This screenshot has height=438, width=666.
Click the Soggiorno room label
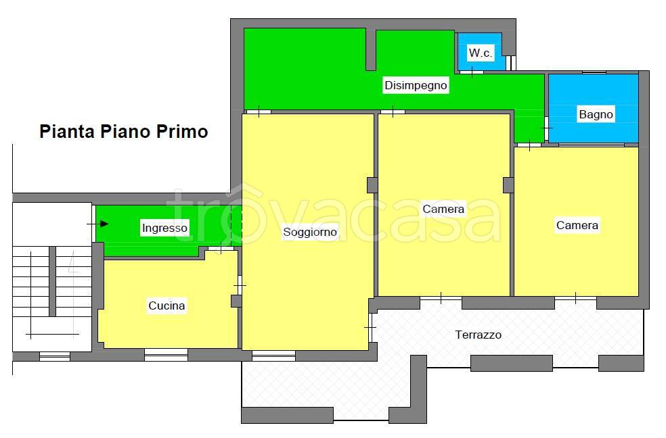click(309, 233)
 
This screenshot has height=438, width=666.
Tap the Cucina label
click(166, 306)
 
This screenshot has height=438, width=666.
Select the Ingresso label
click(164, 228)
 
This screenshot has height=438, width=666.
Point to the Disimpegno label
click(416, 86)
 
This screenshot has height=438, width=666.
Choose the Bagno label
click(596, 115)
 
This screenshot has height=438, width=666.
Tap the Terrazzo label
click(479, 335)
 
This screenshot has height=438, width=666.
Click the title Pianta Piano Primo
click(124, 131)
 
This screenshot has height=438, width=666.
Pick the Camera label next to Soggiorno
click(443, 209)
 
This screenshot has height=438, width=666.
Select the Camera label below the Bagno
click(577, 225)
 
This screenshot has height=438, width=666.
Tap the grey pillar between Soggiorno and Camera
click(372, 185)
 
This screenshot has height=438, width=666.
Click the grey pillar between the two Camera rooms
click(508, 185)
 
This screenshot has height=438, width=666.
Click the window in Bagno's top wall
click(594, 72)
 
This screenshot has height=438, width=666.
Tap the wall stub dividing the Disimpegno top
click(370, 49)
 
